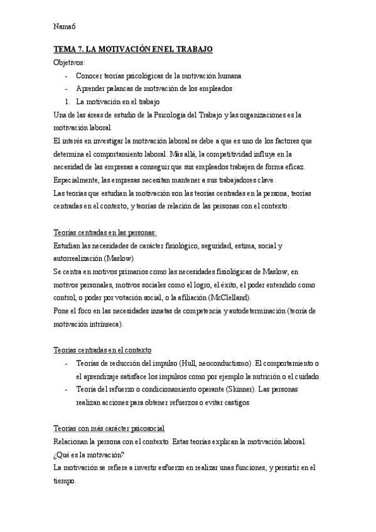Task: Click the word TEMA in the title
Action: (x=64, y=49)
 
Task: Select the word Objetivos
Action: (x=71, y=63)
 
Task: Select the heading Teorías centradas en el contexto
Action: (x=103, y=349)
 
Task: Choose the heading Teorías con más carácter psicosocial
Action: (x=110, y=428)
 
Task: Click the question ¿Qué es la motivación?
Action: (x=89, y=455)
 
